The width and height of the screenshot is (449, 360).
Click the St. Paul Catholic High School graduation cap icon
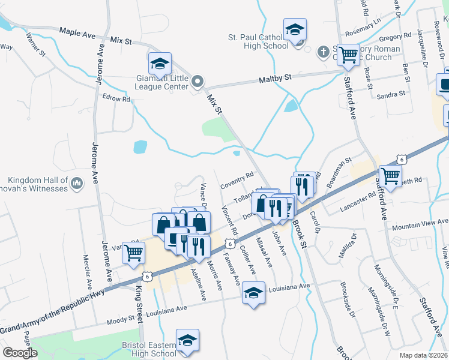point(295,29)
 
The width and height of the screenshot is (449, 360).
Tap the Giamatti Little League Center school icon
point(160,63)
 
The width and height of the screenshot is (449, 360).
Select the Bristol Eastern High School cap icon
point(187,340)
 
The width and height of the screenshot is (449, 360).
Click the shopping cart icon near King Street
point(134,252)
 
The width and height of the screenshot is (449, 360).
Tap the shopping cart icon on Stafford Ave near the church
point(348,55)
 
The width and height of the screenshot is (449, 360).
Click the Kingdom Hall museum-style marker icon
point(76,182)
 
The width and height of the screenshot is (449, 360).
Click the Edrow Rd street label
point(116,98)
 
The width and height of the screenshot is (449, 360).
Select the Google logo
point(20,353)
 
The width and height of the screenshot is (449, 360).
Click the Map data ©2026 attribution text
point(423,355)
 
